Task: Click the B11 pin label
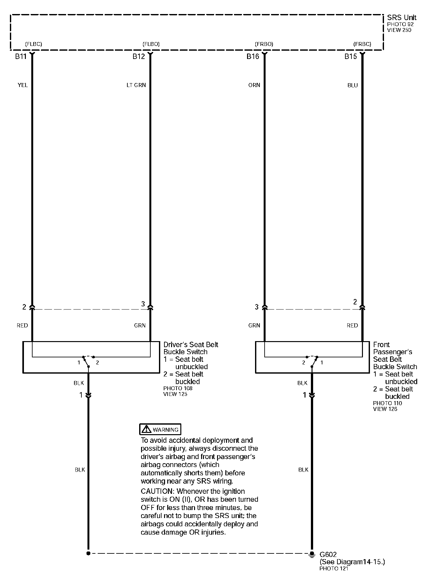coord(20,57)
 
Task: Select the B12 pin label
coord(139,57)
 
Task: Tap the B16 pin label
coord(252,57)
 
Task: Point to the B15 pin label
coord(350,57)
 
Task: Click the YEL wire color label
coord(23,85)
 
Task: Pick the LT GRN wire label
coord(136,85)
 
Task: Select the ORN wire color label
coord(254,85)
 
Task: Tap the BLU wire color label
coord(352,85)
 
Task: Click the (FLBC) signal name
coord(33,44)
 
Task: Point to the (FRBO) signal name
coord(264,44)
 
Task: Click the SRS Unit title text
coord(402,18)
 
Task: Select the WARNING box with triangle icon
coord(160,429)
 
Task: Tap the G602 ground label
coord(328,555)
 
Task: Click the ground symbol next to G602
coord(312,554)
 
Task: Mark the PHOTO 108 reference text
coord(178,388)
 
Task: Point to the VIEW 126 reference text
coord(385,409)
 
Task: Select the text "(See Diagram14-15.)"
coord(352,562)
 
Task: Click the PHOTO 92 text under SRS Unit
coord(400,24)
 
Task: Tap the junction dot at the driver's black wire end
coord(88,553)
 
